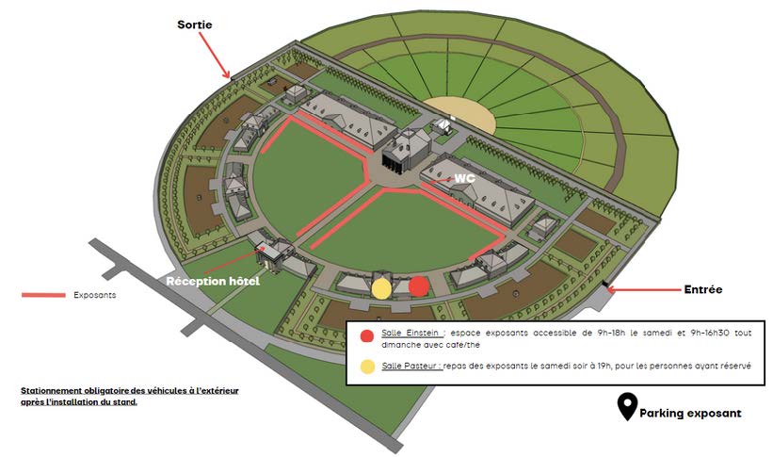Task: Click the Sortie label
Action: (x=195, y=24)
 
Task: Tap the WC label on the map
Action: (x=464, y=178)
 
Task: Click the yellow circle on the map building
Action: (x=381, y=287)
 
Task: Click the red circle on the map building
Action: (x=419, y=286)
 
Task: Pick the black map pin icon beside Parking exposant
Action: (x=625, y=408)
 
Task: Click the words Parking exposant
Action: (x=690, y=413)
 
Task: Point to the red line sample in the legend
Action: (x=42, y=295)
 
